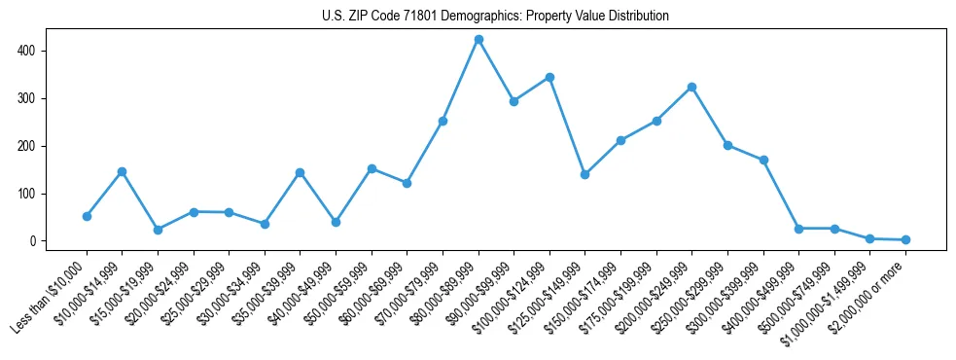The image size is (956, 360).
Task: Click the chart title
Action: pos(495,17)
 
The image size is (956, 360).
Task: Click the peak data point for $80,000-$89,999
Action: pos(478,40)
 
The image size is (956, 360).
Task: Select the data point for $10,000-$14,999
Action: pos(122,171)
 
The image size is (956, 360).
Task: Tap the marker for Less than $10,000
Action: pos(87,216)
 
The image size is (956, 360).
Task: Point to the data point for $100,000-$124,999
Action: pos(549,77)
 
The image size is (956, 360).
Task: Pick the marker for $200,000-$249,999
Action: pos(691,87)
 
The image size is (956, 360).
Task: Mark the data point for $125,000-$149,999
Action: pos(584,174)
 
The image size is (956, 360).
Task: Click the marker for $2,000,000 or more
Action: pos(905,239)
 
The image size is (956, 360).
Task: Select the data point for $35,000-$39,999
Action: pos(300,172)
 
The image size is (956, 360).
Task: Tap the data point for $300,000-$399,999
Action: pos(763,160)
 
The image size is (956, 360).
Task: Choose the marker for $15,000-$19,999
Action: pos(158,230)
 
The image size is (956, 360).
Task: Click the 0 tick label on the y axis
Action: pos(34,241)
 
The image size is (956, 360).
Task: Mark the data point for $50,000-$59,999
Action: pos(372,168)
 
